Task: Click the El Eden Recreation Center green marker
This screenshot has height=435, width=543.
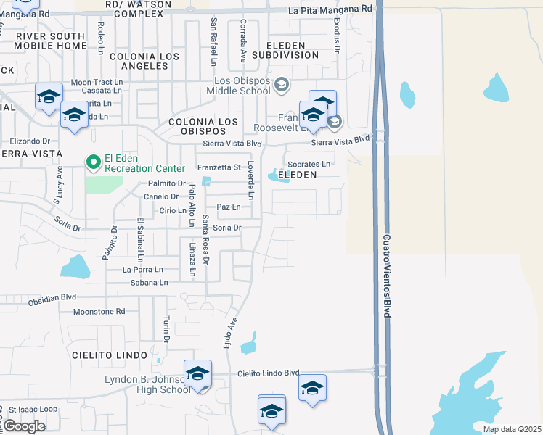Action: tap(93, 162)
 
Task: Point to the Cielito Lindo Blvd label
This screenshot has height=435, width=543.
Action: tap(269, 373)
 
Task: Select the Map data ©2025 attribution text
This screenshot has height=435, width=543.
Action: tap(511, 429)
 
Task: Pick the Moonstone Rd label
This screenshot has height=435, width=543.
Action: tap(99, 311)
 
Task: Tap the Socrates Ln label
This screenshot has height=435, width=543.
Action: tap(309, 165)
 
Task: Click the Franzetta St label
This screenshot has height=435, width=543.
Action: tap(219, 167)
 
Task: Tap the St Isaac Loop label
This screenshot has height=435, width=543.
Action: tap(33, 410)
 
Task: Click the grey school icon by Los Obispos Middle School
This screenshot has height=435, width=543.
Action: tap(282, 85)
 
